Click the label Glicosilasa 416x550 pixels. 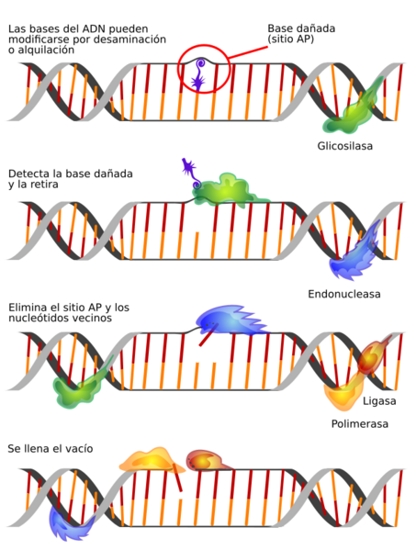(x=344, y=146)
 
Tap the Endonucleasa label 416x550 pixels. (x=344, y=294)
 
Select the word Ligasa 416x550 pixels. (x=379, y=401)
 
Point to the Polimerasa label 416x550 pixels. (x=360, y=423)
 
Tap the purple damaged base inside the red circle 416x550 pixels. (x=199, y=75)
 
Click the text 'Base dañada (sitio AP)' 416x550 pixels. (x=301, y=33)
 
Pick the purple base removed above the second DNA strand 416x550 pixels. (x=191, y=172)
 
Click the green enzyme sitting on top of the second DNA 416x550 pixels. (x=228, y=191)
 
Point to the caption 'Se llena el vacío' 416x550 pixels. (x=51, y=449)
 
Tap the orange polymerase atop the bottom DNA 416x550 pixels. (x=151, y=460)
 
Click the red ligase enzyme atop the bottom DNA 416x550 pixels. (x=207, y=460)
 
